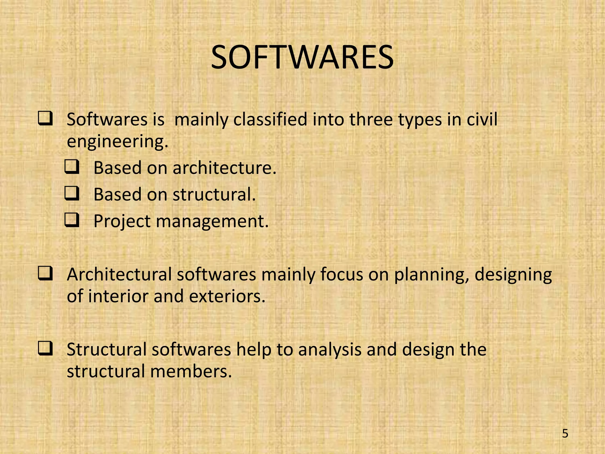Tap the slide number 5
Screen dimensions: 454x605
click(565, 434)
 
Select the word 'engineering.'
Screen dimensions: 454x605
click(118, 142)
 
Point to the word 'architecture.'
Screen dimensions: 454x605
click(225, 168)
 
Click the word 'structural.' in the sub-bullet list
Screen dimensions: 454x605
click(214, 194)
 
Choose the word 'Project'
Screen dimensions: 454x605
click(122, 222)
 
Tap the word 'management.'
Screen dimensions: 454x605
click(212, 222)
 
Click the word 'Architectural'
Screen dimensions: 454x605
click(119, 274)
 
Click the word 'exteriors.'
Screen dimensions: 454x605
click(227, 296)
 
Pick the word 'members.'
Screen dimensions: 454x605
click(191, 371)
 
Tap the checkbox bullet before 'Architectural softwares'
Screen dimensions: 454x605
click(45, 274)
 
